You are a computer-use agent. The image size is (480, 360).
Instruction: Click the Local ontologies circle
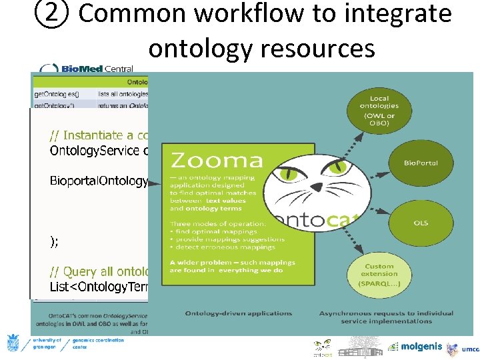pyautogui.click(x=379, y=111)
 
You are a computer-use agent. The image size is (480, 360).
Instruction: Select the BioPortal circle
pyautogui.click(x=421, y=163)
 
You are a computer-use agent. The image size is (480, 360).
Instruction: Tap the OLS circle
pyautogui.click(x=421, y=223)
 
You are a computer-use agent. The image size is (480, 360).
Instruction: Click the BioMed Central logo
pyautogui.click(x=87, y=69)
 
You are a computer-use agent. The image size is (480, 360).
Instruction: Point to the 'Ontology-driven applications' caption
pyautogui.click(x=238, y=313)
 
